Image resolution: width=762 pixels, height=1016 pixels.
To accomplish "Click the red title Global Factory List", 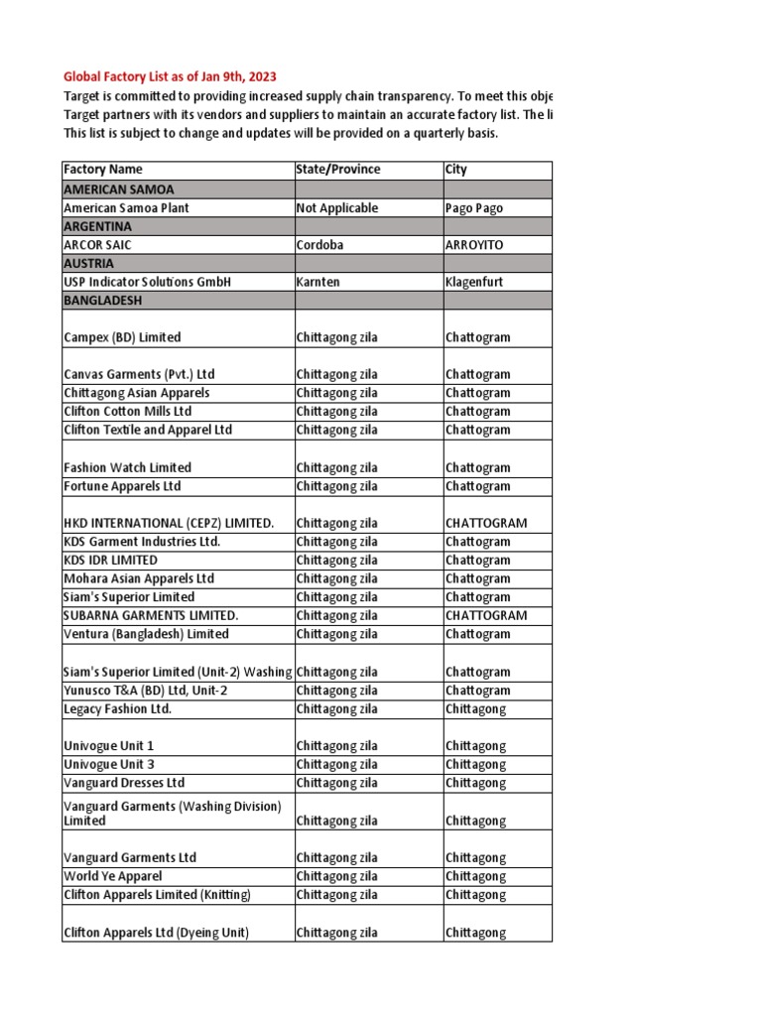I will point(170,76).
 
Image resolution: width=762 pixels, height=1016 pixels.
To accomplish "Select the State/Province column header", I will point(338,170).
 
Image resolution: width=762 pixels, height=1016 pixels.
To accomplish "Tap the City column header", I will point(456,170).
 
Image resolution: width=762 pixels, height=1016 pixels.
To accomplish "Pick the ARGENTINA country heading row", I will point(96,226).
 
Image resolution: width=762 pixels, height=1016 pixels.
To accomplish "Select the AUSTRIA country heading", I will point(88,264).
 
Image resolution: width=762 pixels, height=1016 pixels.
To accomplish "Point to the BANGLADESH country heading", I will point(103,299).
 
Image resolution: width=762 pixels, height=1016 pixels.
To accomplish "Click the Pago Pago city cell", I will point(474,208).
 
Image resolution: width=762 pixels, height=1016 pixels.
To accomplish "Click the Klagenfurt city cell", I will point(474,283).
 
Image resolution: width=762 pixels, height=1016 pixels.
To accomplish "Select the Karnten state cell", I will point(317,283).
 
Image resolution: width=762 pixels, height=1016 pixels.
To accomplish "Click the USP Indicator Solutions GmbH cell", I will point(147,283).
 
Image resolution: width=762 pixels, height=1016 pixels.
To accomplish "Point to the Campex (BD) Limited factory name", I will point(122,337).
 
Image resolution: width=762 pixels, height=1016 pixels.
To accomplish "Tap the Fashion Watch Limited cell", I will point(127,467).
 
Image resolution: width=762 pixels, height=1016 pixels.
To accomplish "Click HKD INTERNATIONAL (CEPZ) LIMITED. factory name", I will point(169,523).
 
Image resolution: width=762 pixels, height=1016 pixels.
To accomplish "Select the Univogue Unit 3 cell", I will point(109,765).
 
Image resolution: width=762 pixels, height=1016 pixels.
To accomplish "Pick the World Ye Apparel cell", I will point(112,876).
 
